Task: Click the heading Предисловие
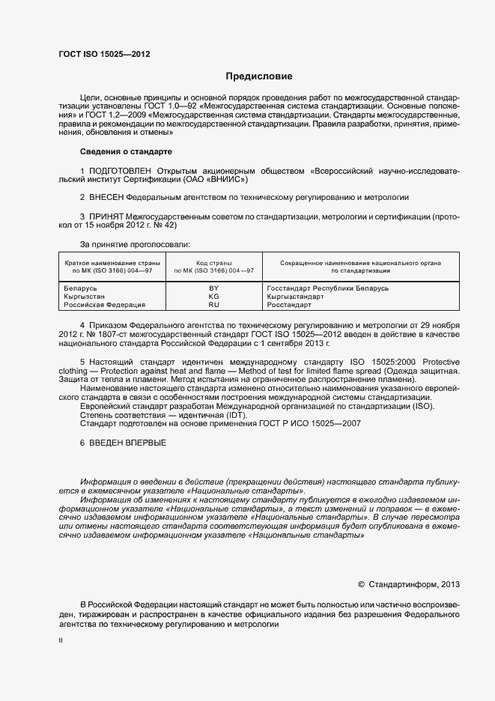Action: (x=259, y=76)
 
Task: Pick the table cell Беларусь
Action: (x=81, y=288)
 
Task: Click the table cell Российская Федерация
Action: (x=103, y=305)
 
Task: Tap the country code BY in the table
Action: (x=213, y=288)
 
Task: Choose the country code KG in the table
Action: (x=213, y=297)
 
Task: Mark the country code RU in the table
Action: (x=213, y=305)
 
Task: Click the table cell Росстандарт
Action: (x=288, y=305)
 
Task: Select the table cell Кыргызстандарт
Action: (x=295, y=297)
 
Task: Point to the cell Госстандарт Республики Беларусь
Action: (x=327, y=288)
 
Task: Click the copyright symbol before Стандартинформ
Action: (x=362, y=584)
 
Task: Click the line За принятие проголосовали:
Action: (x=135, y=244)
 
